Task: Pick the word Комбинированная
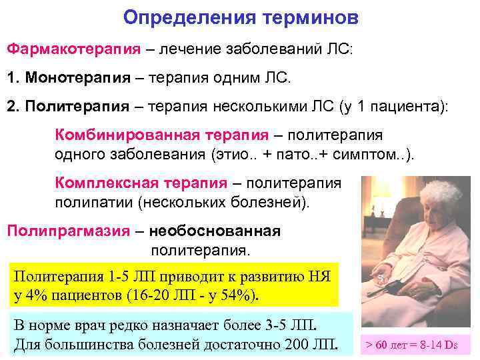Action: tap(127, 135)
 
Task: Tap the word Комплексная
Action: tap(107, 183)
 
